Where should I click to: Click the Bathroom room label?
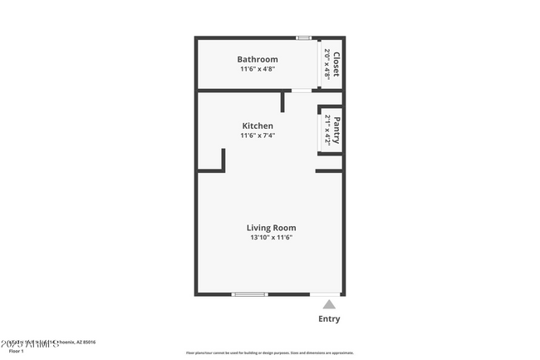coord(257,59)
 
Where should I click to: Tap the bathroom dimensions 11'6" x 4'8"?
coord(257,70)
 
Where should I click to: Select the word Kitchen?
coord(257,126)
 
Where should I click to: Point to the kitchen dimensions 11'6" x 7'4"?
coord(257,136)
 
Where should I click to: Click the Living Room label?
coord(271,227)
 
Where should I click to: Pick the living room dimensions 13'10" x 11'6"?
coord(271,238)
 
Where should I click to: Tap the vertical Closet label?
coord(336,64)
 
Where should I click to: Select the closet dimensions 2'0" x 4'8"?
coord(327,64)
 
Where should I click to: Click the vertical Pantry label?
coord(336,130)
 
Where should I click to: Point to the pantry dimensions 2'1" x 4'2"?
coord(327,130)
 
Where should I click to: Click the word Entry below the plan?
coord(329,318)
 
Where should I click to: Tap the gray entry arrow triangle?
coord(329,304)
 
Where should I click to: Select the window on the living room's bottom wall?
coord(249,294)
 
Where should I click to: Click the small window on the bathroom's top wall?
coord(304,37)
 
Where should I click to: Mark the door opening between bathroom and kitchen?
coord(302,91)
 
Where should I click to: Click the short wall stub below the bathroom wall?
coord(283,101)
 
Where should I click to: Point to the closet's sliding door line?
coord(322,64)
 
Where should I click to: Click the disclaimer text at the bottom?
coord(269,353)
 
